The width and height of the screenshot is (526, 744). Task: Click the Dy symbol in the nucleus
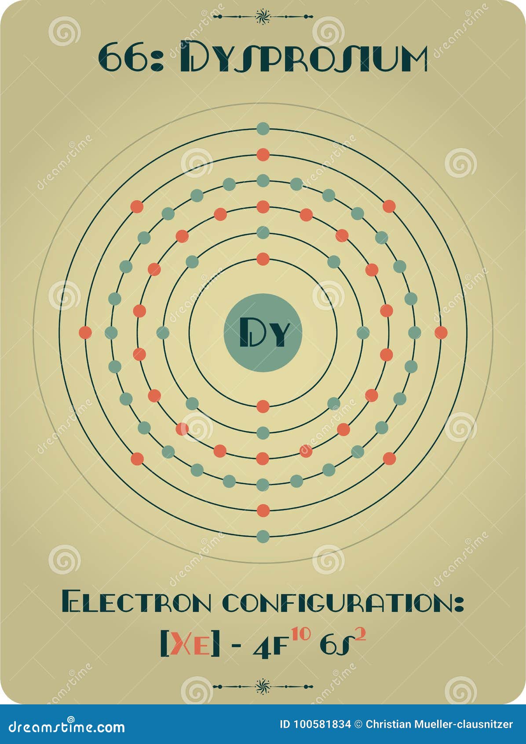(263, 333)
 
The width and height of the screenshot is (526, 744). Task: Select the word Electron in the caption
(136, 603)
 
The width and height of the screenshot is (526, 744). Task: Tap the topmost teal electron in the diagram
(263, 129)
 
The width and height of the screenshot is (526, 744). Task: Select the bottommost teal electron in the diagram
(263, 537)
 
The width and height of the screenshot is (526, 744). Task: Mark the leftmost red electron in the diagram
(85, 333)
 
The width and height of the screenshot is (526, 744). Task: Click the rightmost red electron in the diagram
(441, 333)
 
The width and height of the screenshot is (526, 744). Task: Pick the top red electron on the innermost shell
(263, 259)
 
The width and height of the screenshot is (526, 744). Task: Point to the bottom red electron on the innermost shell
(263, 406)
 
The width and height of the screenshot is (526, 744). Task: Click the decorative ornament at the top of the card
(263, 17)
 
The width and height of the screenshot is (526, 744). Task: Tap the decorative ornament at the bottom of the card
(263, 686)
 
